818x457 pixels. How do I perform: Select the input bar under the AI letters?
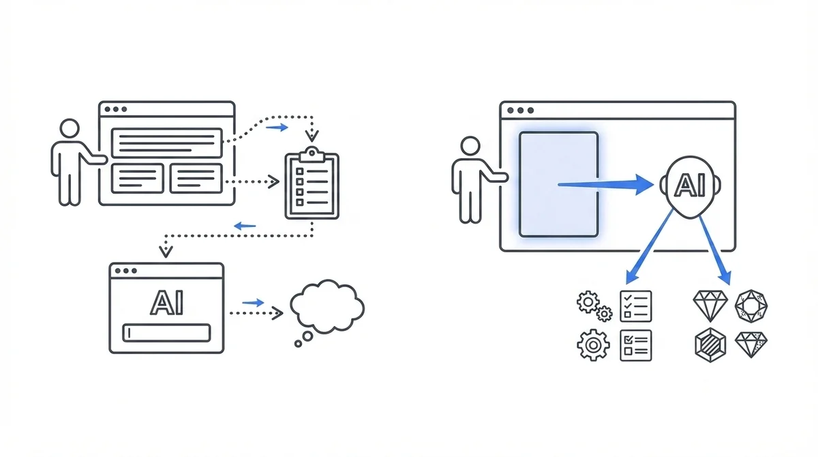pos(166,333)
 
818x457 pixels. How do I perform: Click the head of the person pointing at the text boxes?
pos(70,129)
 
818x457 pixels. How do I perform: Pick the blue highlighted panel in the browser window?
pos(558,184)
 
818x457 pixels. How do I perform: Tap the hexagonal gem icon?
pos(710,344)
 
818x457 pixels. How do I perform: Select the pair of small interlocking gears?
pos(594,306)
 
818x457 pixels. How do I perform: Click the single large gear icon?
pos(593,344)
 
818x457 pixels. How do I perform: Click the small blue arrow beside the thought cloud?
pos(253,302)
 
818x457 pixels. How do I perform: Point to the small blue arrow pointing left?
pos(245,225)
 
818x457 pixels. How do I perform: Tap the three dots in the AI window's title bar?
pos(123,271)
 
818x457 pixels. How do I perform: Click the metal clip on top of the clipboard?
pos(312,154)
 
